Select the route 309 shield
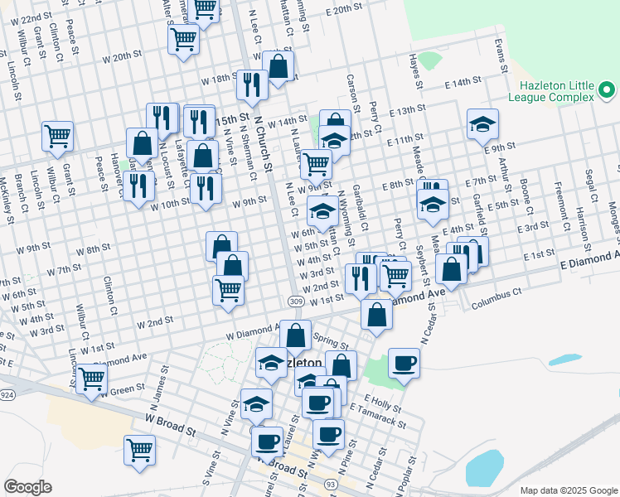point(296,302)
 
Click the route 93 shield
point(330,483)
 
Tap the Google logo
point(27,487)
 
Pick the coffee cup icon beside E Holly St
point(317,403)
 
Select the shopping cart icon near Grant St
point(57,135)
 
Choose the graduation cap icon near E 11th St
point(482,124)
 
